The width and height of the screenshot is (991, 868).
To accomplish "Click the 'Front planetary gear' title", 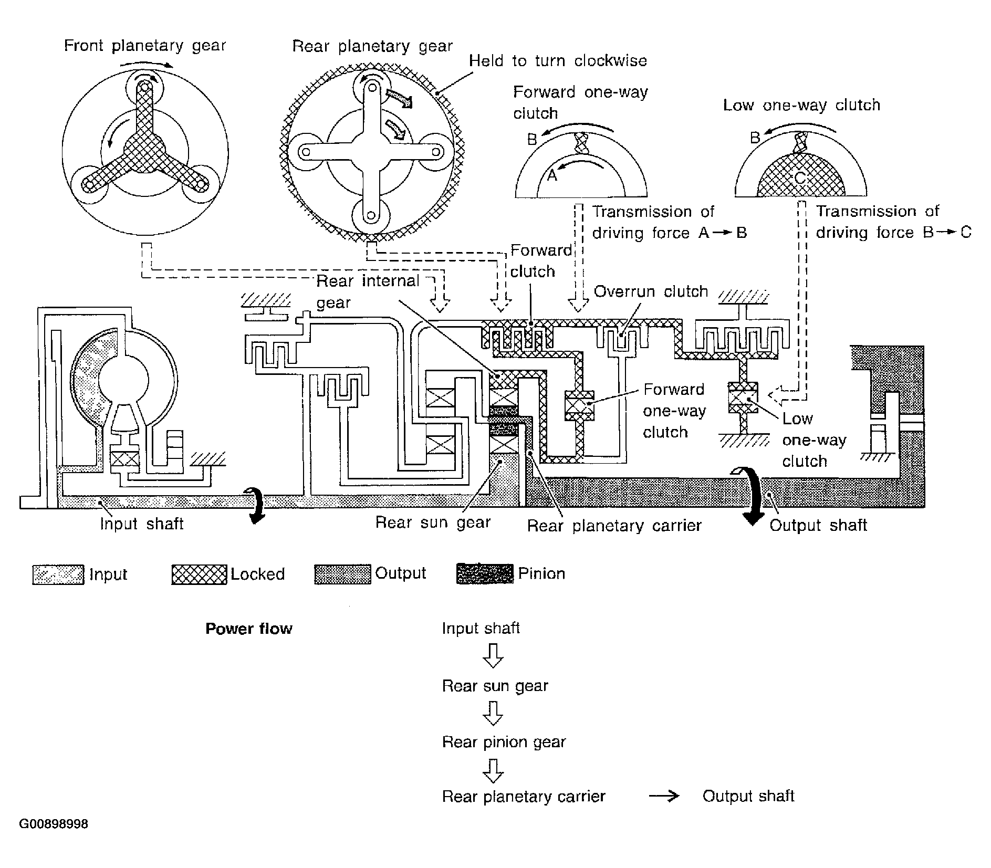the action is tap(145, 46).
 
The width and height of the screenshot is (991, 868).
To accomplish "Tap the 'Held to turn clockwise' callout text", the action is tap(558, 60).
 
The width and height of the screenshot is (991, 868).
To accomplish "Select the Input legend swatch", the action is tap(58, 574).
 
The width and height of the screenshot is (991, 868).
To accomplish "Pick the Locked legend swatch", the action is tap(200, 574).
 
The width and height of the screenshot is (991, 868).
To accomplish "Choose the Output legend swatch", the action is tap(343, 574).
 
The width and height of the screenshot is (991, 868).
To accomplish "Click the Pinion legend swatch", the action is tap(485, 573).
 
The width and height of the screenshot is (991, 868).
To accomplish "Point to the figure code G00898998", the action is tap(54, 824).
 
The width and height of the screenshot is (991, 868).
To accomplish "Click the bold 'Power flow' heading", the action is tap(249, 629).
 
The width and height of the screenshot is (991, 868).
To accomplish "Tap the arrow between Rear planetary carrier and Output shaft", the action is tap(664, 797).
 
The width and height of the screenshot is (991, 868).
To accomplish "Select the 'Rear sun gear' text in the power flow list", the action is tap(495, 686).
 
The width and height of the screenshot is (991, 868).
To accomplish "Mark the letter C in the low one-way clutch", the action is tap(799, 178).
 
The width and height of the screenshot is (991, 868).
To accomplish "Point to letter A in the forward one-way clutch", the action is tap(552, 175).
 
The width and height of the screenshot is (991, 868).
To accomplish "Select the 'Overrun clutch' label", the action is tap(651, 291).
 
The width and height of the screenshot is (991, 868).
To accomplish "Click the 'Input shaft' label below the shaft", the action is tap(142, 524).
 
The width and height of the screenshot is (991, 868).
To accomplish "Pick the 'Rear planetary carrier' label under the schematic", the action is tap(614, 526).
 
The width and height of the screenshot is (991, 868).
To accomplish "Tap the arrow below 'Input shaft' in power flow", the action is tap(493, 655).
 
